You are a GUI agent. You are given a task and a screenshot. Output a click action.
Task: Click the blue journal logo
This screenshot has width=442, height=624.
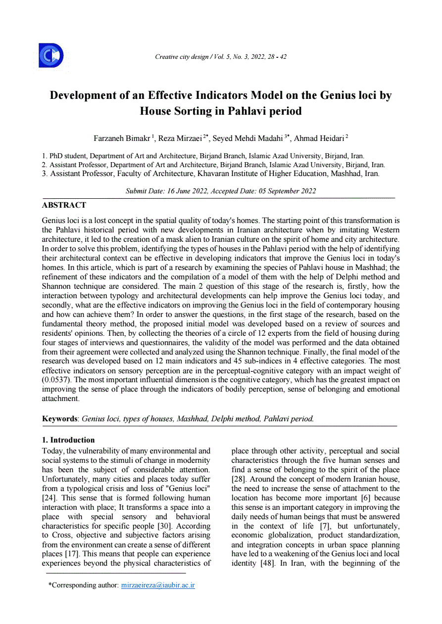pos(51,55)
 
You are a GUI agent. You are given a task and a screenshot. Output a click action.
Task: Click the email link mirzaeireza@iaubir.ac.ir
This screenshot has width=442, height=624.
pos(158,585)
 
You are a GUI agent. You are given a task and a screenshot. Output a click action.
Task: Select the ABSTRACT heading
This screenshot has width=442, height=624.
pos(64,205)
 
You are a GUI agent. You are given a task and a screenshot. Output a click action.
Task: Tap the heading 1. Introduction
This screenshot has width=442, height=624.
pos(68,440)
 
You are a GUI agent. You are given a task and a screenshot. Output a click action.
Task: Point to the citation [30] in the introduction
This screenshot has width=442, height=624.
pos(163,526)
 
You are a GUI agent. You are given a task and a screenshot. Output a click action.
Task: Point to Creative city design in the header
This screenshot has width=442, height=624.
pos(182,57)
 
